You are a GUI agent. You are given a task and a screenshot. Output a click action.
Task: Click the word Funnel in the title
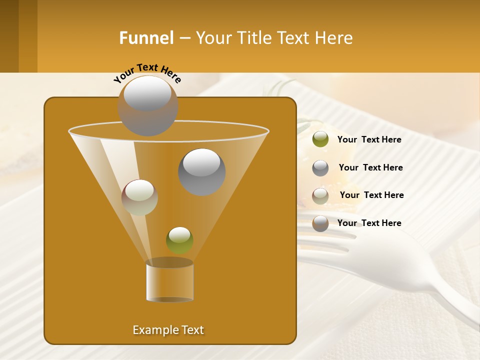(x=146, y=38)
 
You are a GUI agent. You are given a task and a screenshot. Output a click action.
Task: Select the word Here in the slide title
(x=334, y=38)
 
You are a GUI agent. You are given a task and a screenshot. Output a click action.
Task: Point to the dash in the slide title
(x=184, y=38)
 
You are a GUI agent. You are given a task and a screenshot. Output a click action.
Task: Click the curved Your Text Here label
(x=147, y=72)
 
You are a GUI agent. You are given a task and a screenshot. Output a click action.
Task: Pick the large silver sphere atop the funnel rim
(x=147, y=105)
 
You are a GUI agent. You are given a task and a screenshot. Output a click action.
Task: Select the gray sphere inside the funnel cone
(x=201, y=172)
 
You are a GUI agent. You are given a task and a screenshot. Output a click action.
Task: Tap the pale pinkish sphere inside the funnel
(x=139, y=197)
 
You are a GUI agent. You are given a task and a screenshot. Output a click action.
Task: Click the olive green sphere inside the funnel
(x=179, y=240)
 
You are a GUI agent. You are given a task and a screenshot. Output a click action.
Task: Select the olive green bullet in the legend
(x=320, y=139)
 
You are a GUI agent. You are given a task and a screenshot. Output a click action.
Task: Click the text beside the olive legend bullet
(x=369, y=140)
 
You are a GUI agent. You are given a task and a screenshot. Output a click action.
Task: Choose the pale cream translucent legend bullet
(x=320, y=195)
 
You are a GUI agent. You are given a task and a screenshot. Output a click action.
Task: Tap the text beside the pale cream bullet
(x=371, y=195)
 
